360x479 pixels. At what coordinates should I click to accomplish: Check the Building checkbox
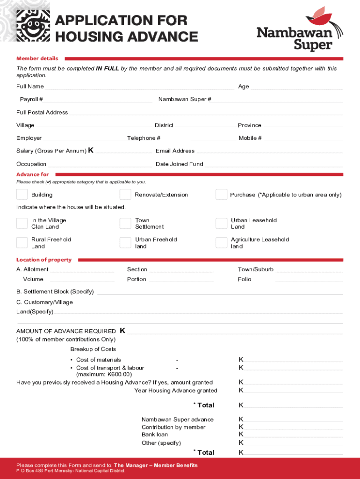22,195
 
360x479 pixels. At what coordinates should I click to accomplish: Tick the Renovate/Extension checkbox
125,195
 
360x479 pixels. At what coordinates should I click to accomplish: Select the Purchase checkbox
221,195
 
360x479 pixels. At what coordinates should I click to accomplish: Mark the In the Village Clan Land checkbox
22,223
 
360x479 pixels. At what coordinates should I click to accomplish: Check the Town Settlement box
125,223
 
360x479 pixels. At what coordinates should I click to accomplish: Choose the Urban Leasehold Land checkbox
221,223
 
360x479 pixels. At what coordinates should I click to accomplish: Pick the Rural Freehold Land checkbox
22,242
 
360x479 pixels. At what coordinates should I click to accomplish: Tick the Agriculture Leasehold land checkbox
221,242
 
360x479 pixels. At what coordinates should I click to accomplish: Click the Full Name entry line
139,87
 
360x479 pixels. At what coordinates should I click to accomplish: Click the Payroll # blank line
99,100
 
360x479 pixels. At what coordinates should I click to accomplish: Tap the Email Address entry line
269,151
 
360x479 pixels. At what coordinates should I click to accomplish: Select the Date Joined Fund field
273,164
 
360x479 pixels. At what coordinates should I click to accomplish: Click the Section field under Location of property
181,270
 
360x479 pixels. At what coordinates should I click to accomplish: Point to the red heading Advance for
32,174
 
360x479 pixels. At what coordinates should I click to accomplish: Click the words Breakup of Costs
93,349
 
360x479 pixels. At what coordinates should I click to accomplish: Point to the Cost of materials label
98,360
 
